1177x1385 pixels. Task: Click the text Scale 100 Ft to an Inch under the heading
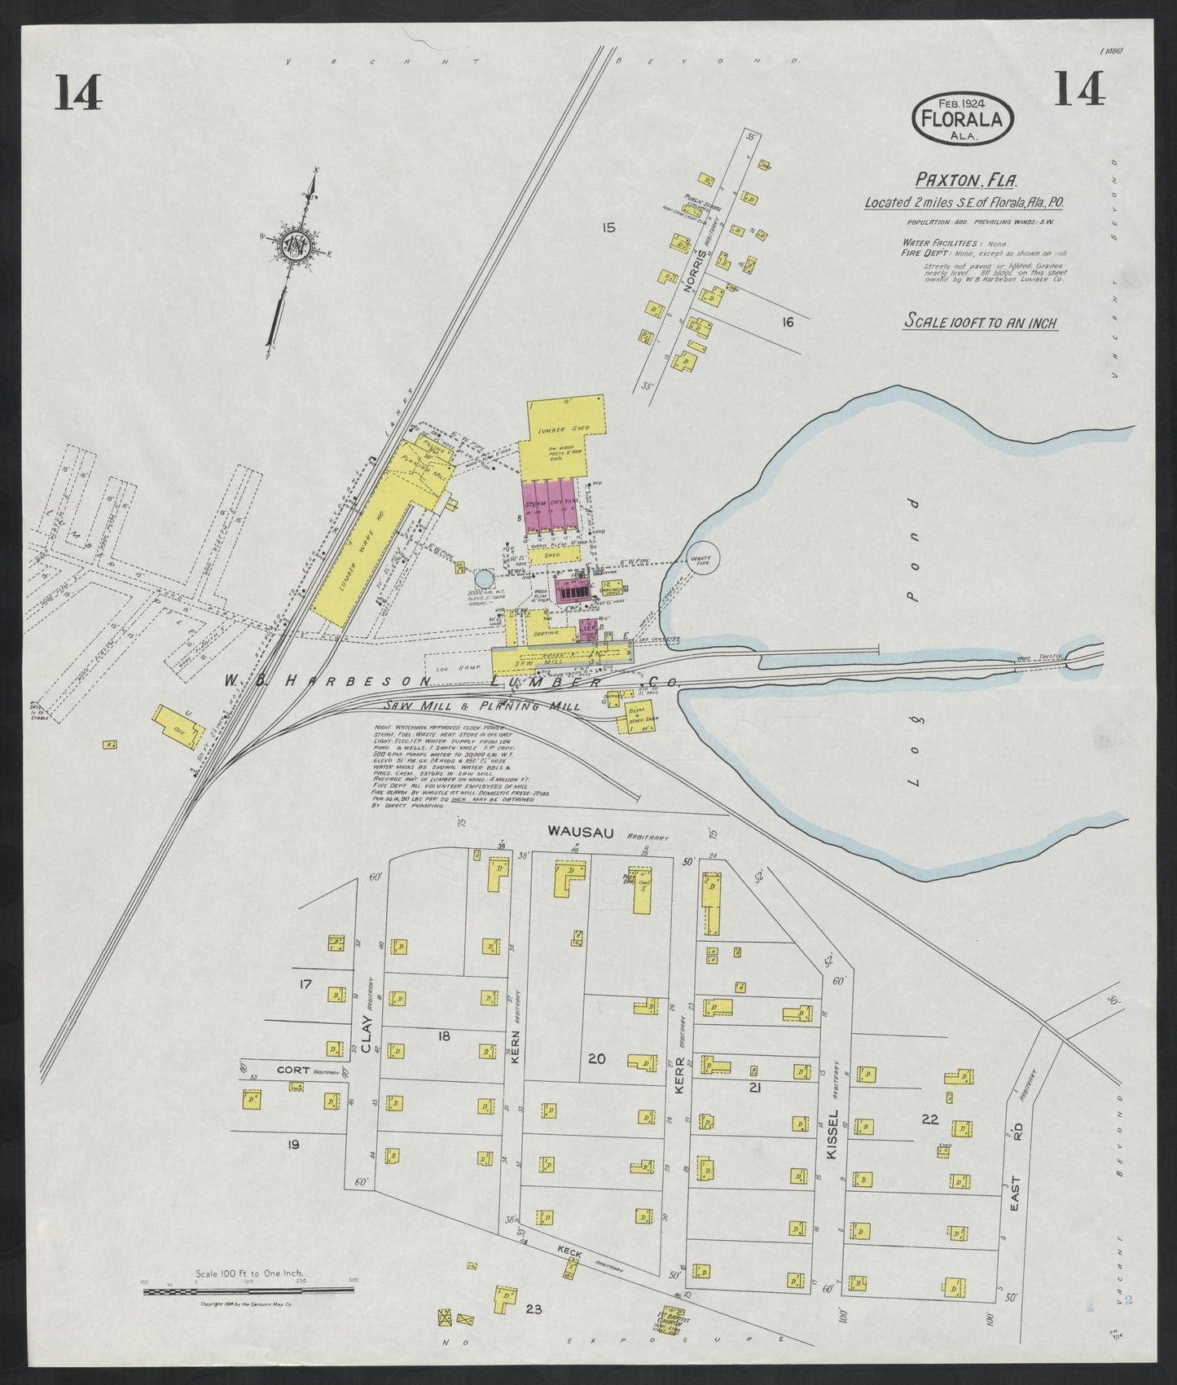pos(981,323)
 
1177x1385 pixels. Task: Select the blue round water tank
pos(484,578)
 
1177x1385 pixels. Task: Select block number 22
pos(930,1119)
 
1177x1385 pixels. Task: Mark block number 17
pos(305,984)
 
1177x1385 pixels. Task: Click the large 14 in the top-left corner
pos(79,92)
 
